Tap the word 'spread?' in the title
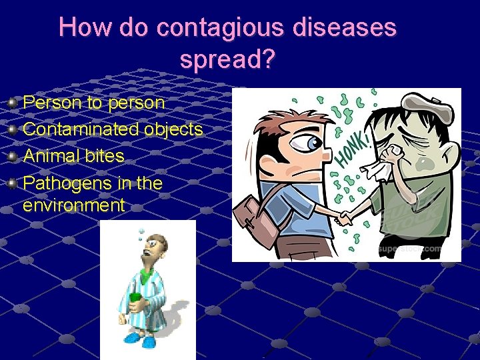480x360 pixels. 227,60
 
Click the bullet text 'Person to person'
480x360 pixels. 93,103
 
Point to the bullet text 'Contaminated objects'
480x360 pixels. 113,129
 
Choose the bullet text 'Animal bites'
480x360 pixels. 73,156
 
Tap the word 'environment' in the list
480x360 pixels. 73,205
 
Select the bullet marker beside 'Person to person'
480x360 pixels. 13,103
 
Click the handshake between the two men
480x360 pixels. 345,218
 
